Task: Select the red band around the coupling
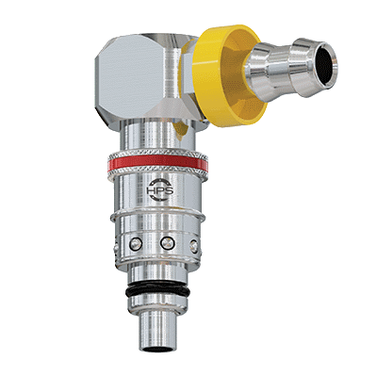click(157, 163)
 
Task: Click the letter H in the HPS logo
click(150, 190)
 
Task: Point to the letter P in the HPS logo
click(159, 190)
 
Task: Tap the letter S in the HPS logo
click(168, 190)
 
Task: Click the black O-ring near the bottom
click(157, 290)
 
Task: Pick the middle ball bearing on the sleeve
click(168, 242)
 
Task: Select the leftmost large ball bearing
click(136, 244)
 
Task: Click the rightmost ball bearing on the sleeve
click(194, 245)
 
